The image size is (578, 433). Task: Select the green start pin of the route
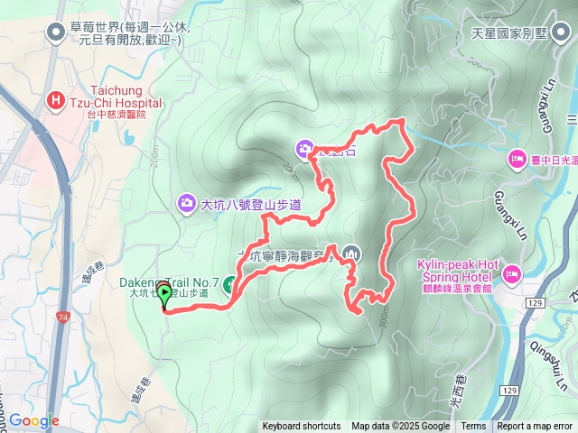[164, 294]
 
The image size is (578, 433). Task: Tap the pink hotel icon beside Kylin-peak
[511, 272]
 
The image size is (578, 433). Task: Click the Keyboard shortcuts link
[302, 427]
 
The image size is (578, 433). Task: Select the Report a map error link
[536, 427]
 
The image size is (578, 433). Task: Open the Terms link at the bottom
[473, 427]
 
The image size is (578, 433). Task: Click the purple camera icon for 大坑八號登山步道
[187, 202]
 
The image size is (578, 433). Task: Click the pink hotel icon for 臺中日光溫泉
[517, 159]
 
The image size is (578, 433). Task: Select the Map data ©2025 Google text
[400, 427]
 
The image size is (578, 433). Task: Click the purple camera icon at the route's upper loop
[305, 147]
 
